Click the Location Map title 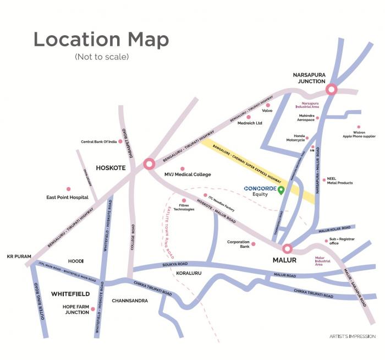tap(101, 40)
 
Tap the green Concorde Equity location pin tap(281, 190)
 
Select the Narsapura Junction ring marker tap(332, 90)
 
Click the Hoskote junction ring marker tap(149, 163)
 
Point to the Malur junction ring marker tap(287, 249)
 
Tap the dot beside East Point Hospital tap(68, 189)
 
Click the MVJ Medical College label tap(188, 174)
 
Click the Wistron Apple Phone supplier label tap(359, 134)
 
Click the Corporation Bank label tap(238, 243)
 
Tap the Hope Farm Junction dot tap(93, 309)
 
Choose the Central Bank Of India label tap(98, 141)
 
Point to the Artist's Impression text tap(353, 336)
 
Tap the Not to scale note tap(101, 57)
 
